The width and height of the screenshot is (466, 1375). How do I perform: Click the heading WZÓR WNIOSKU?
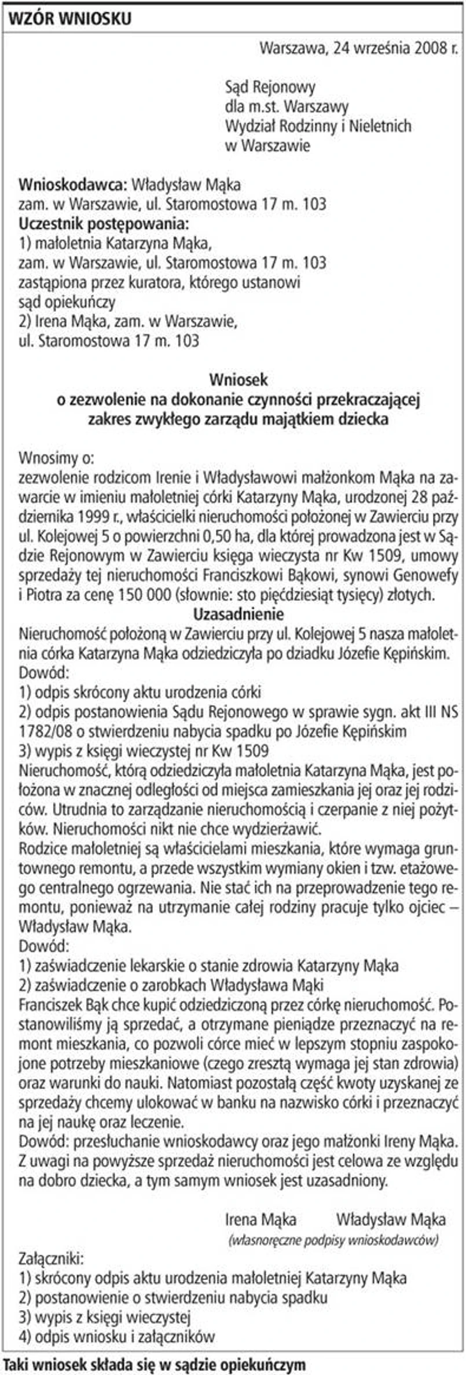tap(69, 20)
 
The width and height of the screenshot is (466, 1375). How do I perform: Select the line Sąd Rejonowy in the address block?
tap(270, 87)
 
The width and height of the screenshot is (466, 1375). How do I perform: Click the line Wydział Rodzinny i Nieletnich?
tap(318, 126)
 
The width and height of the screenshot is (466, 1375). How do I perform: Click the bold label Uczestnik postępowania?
tap(104, 223)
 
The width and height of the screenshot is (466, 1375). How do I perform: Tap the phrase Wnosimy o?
tap(56, 458)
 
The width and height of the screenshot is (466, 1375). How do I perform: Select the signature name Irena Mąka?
tap(260, 1219)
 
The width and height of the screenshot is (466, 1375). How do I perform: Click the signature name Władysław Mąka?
tap(391, 1219)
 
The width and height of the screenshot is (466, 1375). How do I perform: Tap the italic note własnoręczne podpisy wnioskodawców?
tap(333, 1240)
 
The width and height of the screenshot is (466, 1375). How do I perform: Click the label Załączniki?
tap(52, 1259)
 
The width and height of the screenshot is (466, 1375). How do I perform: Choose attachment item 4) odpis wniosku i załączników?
tap(117, 1336)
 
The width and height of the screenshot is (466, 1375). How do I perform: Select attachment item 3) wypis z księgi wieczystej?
tap(105, 1317)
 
